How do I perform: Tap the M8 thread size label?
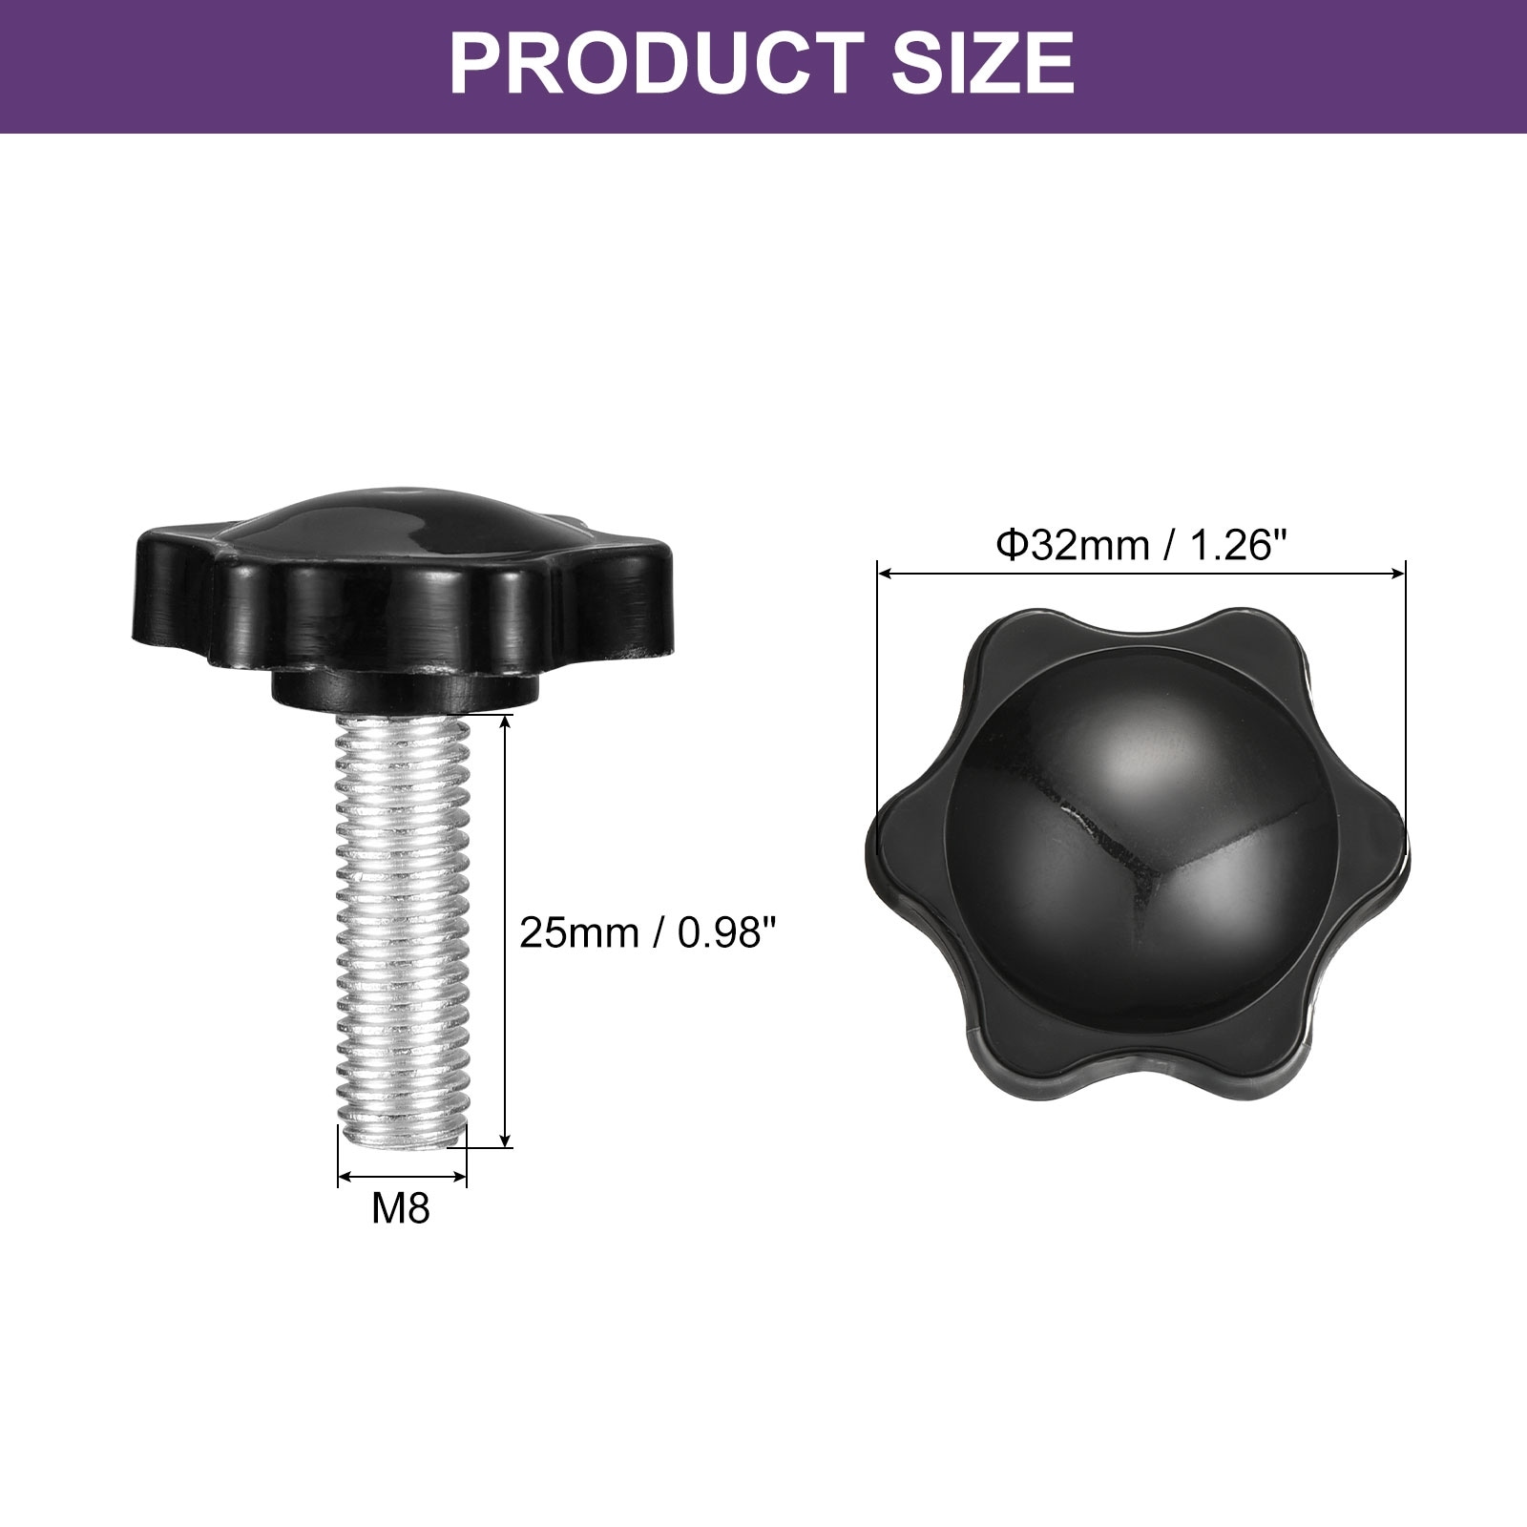pyautogui.click(x=401, y=1209)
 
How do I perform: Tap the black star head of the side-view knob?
pyautogui.click(x=402, y=582)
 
